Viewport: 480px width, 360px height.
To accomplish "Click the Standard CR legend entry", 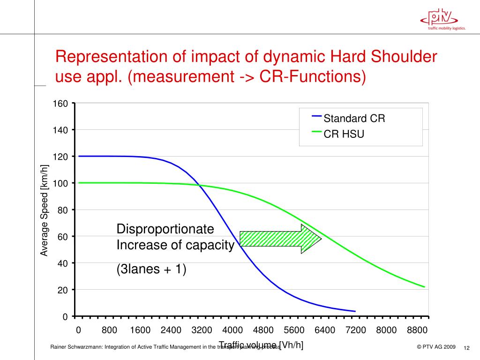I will pyautogui.click(x=354, y=119).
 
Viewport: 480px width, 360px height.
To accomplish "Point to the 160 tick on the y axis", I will pyautogui.click(x=62, y=103).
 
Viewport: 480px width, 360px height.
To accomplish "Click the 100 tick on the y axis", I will pyautogui.click(x=62, y=183).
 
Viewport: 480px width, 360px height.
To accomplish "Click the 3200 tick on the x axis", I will pyautogui.click(x=202, y=330).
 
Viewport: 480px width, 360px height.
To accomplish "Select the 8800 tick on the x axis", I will pyautogui.click(x=417, y=330).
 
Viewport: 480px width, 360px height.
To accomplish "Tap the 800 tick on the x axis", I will pyautogui.click(x=109, y=330).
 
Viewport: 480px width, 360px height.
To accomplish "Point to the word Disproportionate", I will pyautogui.click(x=165, y=229).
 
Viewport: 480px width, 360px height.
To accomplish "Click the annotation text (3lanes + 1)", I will pyautogui.click(x=151, y=270).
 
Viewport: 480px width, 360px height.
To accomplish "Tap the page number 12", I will pyautogui.click(x=466, y=348).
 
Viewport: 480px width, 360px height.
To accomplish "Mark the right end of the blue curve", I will pyautogui.click(x=355, y=311).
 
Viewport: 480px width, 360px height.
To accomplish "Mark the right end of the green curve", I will pyautogui.click(x=424, y=286).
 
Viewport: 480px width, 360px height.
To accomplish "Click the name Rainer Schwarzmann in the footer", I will pyautogui.click(x=76, y=347).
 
